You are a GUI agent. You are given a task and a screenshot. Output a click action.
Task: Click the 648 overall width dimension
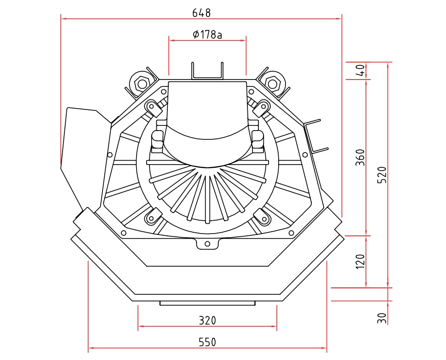coord(201,13)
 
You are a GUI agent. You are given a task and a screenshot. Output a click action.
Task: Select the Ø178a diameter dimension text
coord(207,34)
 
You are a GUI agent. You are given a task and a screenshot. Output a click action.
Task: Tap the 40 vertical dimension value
coord(361,70)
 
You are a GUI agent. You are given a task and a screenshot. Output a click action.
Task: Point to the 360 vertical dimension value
coord(361,157)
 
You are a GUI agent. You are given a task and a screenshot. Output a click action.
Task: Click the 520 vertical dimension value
coord(381,175)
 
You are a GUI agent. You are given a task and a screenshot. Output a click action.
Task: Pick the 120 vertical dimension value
coord(361,261)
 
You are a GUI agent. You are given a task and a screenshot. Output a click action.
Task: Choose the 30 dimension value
coord(382,318)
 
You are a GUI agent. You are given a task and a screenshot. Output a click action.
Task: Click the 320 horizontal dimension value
coord(207,320)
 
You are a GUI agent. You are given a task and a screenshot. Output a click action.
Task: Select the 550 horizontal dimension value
coord(207,342)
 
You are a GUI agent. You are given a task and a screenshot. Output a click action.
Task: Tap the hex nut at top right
coord(273,84)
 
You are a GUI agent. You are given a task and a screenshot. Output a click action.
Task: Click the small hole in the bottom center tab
coord(207,244)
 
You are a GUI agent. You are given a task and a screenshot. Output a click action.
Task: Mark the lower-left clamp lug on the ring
coord(152,217)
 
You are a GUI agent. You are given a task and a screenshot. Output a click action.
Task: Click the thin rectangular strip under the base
coord(207,303)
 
